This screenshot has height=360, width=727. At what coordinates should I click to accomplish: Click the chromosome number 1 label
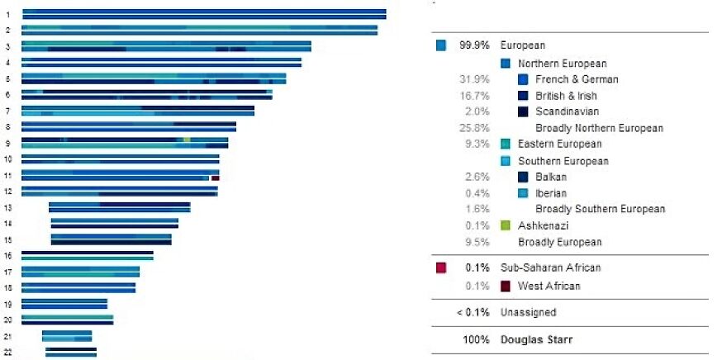pyautogui.click(x=7, y=15)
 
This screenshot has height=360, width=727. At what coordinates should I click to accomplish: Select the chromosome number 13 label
pyautogui.click(x=7, y=207)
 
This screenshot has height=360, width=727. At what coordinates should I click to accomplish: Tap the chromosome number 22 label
pyautogui.click(x=7, y=353)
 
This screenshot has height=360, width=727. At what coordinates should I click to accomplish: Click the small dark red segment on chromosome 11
pyautogui.click(x=215, y=178)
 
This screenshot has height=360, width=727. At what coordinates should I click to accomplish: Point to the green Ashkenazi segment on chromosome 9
pyautogui.click(x=188, y=140)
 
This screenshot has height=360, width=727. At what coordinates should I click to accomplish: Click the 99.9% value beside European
pyautogui.click(x=472, y=46)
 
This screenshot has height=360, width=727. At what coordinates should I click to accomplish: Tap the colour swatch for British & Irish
pyautogui.click(x=523, y=96)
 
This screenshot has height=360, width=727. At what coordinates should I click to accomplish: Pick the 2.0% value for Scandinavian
pyautogui.click(x=478, y=111)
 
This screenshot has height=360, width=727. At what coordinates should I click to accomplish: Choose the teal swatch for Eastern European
pyautogui.click(x=506, y=144)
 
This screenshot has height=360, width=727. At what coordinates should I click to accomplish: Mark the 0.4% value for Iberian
pyautogui.click(x=478, y=193)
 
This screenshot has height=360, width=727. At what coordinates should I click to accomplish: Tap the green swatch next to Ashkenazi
pyautogui.click(x=506, y=225)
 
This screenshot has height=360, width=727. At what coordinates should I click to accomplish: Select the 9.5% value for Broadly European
pyautogui.click(x=478, y=242)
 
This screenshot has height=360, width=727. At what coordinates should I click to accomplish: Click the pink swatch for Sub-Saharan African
pyautogui.click(x=441, y=268)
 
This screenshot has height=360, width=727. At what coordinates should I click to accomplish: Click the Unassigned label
pyautogui.click(x=528, y=312)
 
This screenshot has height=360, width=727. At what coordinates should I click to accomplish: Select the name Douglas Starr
pyautogui.click(x=539, y=339)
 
